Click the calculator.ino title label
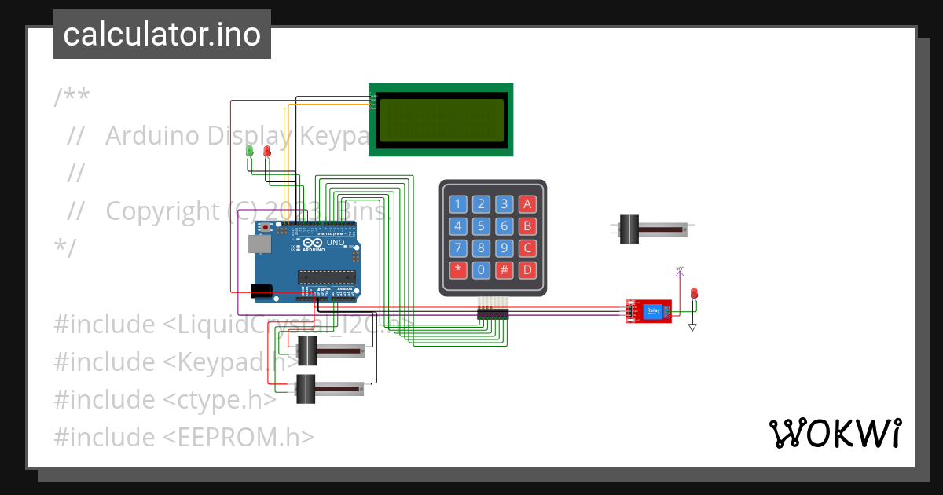tap(162, 35)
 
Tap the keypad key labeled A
tap(528, 205)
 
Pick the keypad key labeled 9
tap(505, 249)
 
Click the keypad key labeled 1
tap(457, 205)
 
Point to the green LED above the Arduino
tap(250, 150)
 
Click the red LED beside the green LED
tap(266, 150)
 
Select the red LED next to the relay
tap(693, 293)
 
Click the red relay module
tap(649, 311)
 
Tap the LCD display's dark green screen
tap(441, 120)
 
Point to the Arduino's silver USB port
tap(257, 244)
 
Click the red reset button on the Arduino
tap(266, 228)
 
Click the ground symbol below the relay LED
tap(692, 327)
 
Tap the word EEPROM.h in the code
tap(239, 437)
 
